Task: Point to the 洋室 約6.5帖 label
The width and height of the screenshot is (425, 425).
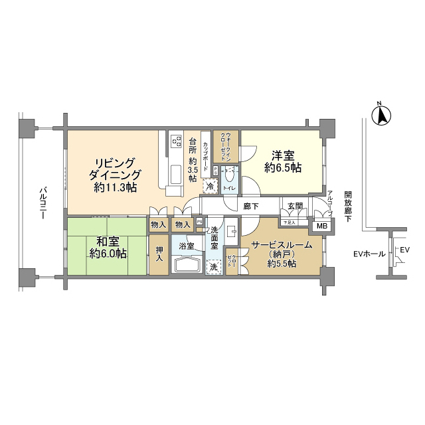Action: pyautogui.click(x=283, y=162)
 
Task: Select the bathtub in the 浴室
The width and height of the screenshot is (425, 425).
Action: pyautogui.click(x=188, y=265)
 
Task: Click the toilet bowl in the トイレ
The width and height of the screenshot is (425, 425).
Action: pyautogui.click(x=230, y=176)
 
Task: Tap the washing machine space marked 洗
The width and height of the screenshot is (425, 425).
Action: pyautogui.click(x=214, y=266)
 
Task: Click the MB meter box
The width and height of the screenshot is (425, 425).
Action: pyautogui.click(x=321, y=226)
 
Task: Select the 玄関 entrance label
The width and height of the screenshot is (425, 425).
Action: pyautogui.click(x=295, y=207)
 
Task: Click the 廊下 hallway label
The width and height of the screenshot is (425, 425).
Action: pyautogui.click(x=250, y=207)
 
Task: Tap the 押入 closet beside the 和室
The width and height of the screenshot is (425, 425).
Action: pyautogui.click(x=159, y=255)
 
